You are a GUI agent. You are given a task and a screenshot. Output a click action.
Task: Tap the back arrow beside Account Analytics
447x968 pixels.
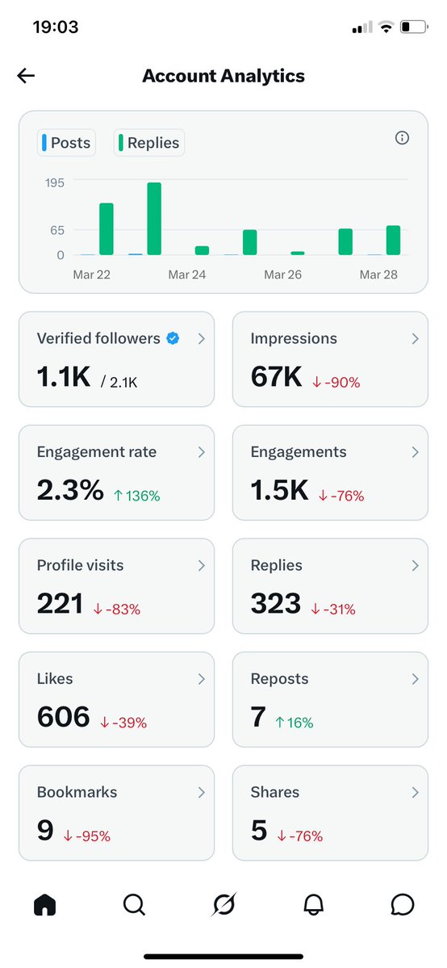tap(26, 76)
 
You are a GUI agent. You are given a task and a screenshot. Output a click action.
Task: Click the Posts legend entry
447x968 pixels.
tap(66, 143)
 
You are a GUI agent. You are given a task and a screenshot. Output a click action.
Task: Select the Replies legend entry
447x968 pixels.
tap(149, 143)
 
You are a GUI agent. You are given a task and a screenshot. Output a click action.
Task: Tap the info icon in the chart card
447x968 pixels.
tap(402, 138)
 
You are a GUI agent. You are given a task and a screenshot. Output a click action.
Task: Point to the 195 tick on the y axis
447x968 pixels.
tap(54, 182)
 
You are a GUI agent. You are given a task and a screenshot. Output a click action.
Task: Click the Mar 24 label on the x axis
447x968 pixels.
tap(187, 274)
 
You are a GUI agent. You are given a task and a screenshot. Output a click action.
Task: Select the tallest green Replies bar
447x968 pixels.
tap(154, 219)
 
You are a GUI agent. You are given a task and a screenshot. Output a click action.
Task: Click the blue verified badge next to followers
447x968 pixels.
tap(173, 339)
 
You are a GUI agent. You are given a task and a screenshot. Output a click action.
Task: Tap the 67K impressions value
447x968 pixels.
tap(277, 376)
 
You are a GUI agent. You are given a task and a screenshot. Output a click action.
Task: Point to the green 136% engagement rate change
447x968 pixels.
tap(137, 496)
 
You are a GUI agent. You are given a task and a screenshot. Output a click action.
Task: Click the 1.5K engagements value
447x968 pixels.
tap(279, 490)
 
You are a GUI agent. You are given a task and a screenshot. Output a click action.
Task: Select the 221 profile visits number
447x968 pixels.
tap(60, 603)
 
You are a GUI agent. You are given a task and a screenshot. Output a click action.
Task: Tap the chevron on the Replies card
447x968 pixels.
tap(415, 566)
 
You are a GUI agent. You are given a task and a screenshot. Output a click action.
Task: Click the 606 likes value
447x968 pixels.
tap(63, 716)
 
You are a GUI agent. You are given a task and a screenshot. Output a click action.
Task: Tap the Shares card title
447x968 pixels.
tap(274, 792)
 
